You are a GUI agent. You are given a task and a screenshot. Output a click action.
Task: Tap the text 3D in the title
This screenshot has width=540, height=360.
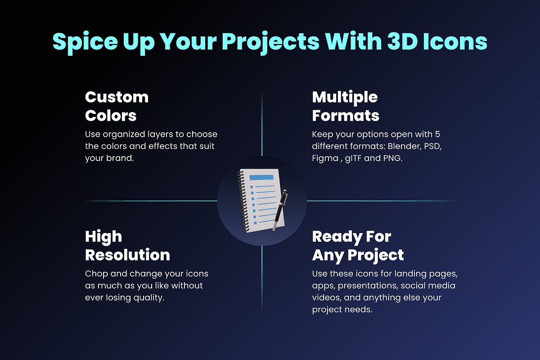[403, 41]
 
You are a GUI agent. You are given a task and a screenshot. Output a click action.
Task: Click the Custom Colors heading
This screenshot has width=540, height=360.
[117, 106]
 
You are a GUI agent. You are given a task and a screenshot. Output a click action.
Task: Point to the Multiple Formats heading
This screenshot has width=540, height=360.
[346, 106]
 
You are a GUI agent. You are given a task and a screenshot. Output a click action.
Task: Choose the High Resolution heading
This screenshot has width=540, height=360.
[127, 246]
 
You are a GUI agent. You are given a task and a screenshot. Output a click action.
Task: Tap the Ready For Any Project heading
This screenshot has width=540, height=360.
[358, 246]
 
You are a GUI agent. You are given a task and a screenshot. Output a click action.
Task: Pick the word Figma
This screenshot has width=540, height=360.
[325, 159]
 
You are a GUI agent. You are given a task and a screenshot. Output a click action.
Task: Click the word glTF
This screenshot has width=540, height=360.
[353, 159]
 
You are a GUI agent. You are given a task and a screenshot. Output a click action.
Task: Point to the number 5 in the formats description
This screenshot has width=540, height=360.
[437, 134]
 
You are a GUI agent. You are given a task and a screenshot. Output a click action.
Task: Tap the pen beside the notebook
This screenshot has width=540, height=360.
[279, 211]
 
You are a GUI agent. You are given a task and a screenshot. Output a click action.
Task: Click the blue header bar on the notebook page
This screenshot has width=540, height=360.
[261, 177]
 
